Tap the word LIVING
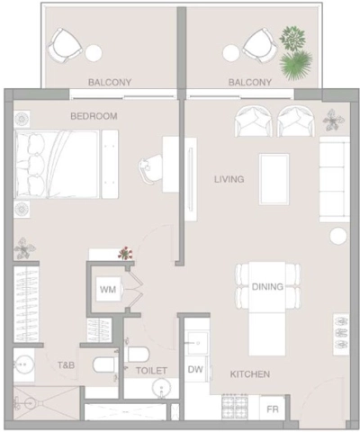229,180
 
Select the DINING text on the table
268,287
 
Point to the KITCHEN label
248,373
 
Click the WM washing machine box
108,290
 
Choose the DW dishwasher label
195,370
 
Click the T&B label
67,365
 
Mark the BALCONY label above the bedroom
110,83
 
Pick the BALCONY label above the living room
250,83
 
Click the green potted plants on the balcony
293,52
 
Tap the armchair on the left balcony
66,43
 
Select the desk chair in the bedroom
148,167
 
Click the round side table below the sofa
337,237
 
